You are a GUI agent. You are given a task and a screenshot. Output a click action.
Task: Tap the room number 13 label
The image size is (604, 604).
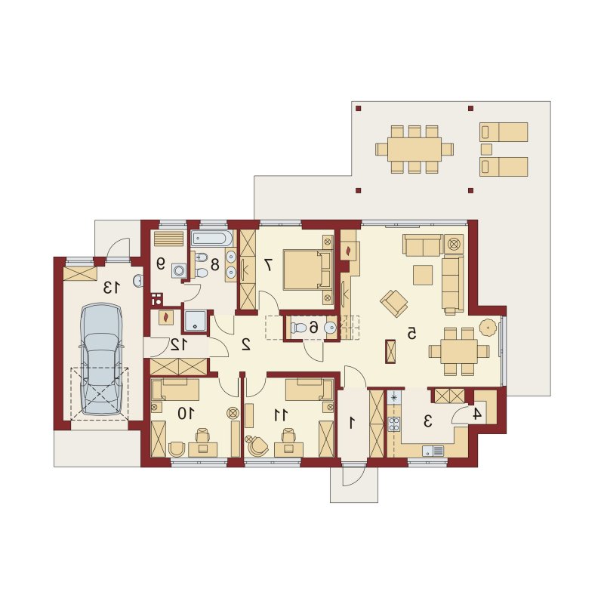[x=112, y=287]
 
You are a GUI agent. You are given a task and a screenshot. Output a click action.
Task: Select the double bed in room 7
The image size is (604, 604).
[x=307, y=270]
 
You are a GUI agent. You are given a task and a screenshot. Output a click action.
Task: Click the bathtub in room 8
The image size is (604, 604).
[x=212, y=238]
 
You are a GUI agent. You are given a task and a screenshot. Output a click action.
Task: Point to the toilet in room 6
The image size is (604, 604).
[x=298, y=328]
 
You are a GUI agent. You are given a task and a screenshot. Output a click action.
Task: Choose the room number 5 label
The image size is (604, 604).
[x=411, y=333]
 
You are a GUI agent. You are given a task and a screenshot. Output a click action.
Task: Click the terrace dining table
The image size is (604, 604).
[x=414, y=149]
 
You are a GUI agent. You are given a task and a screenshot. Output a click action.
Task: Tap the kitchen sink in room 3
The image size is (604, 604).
[x=433, y=451]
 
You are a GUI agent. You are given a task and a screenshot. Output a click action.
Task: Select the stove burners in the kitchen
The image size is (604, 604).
[x=394, y=424]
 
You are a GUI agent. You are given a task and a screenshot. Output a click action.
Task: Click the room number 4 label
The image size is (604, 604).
[x=477, y=414]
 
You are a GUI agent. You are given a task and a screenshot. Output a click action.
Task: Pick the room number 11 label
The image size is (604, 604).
[x=281, y=414]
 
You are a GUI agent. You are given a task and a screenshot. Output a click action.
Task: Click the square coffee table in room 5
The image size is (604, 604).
[x=423, y=275]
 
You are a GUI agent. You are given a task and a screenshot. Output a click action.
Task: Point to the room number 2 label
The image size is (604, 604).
[x=246, y=344]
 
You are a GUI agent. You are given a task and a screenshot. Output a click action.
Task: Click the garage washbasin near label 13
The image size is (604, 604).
[x=138, y=281]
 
